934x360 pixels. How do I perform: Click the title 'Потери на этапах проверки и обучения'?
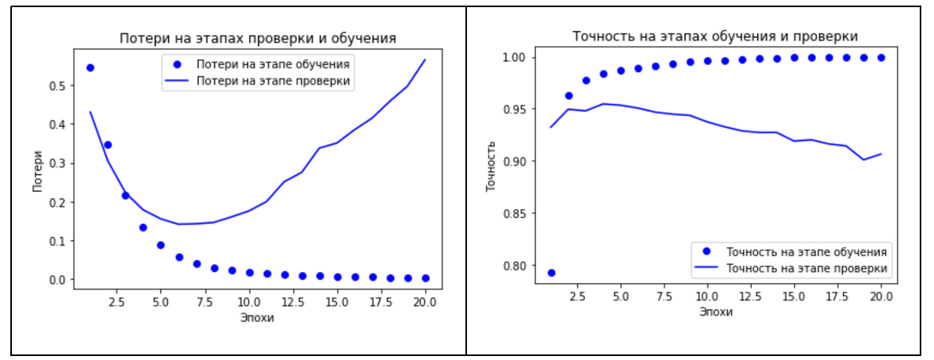(257, 39)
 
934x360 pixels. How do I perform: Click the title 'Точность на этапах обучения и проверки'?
(715, 36)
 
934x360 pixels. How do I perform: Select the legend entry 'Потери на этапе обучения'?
(274, 64)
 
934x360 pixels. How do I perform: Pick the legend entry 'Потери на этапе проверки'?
(274, 80)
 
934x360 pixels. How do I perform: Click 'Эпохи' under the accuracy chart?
(715, 312)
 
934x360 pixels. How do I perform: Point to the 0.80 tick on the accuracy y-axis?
(516, 265)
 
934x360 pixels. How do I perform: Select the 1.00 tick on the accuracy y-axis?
(516, 58)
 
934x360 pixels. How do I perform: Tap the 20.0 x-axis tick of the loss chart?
(424, 302)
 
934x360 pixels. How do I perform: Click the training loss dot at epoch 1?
(90, 67)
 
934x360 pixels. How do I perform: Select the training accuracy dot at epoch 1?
(551, 272)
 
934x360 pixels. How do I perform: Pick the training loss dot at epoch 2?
(108, 144)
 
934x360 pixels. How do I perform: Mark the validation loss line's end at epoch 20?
(425, 59)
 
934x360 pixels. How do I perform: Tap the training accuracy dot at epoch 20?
(881, 58)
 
